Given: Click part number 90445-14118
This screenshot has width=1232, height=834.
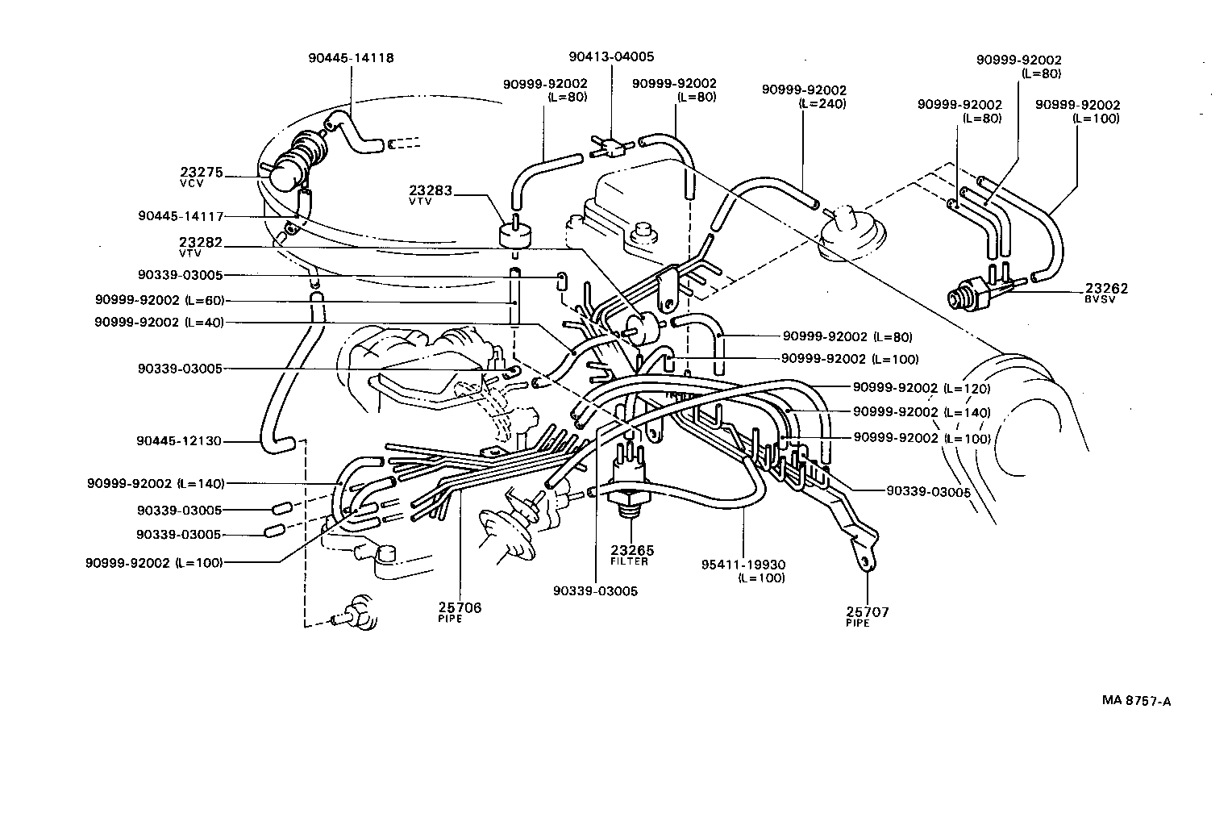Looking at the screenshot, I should tap(351, 58).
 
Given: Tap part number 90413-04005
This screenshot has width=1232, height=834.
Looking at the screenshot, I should tap(610, 56).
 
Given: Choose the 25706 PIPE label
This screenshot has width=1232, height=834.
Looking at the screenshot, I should tap(460, 611).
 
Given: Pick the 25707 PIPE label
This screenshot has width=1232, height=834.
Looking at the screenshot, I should tap(867, 616).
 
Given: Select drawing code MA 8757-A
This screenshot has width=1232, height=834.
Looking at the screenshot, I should tap(1136, 701).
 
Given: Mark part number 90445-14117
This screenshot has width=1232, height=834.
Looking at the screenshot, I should tap(180, 216).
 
